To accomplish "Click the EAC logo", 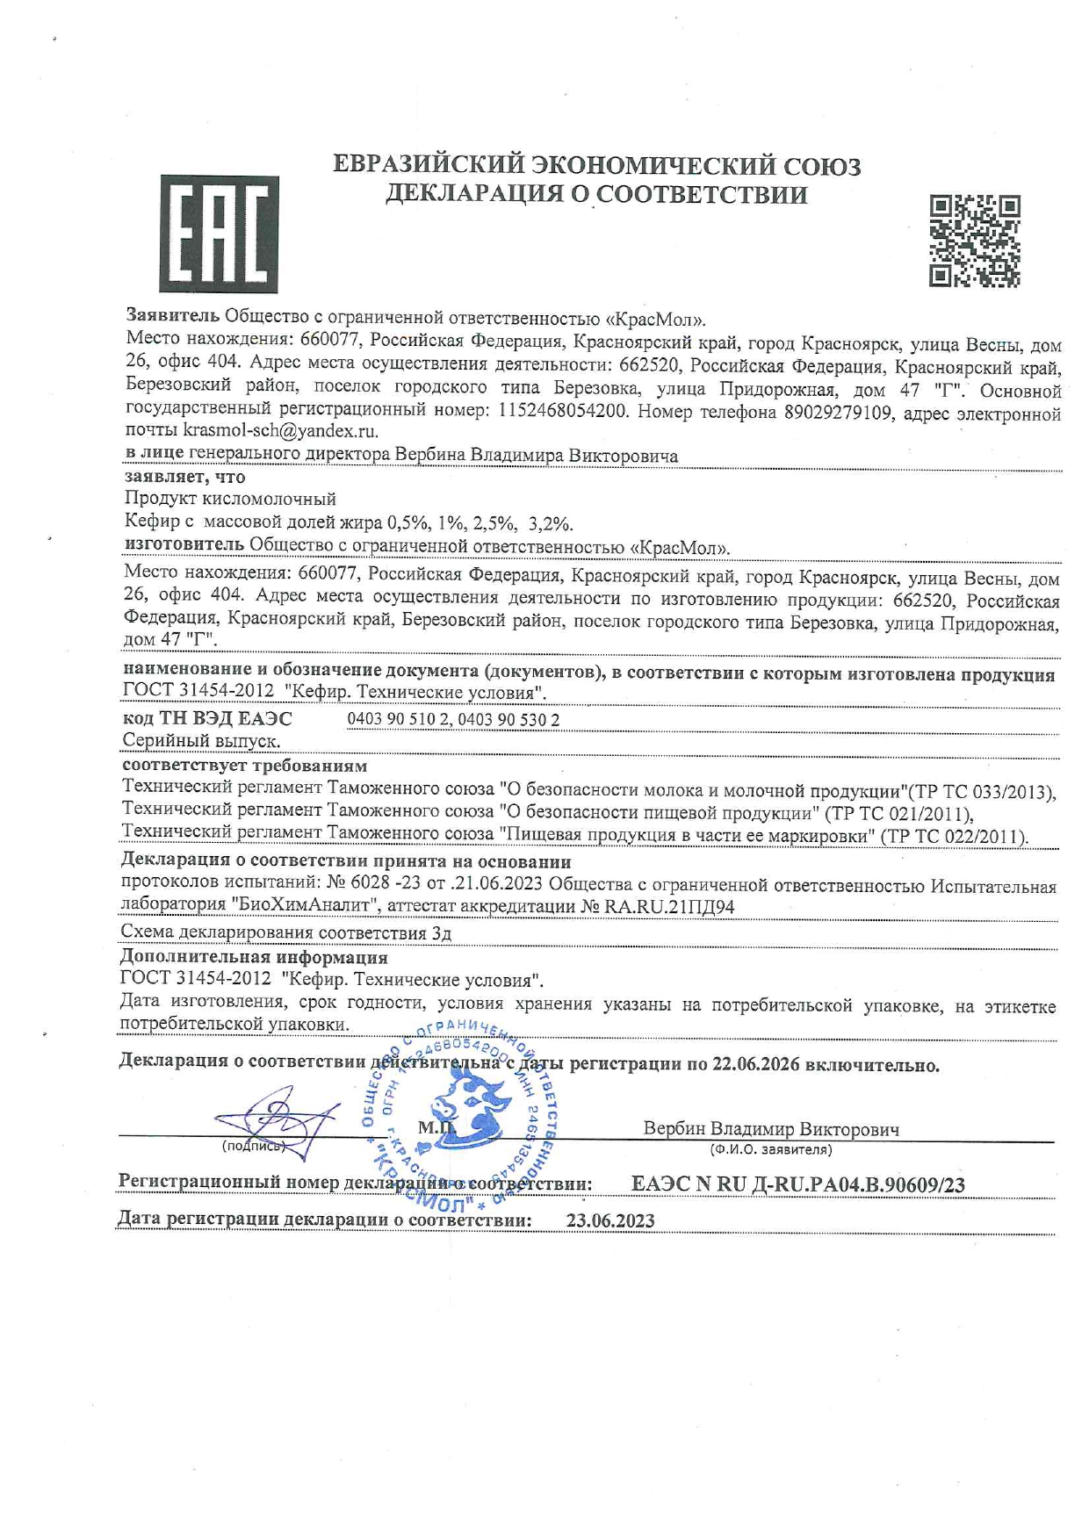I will tap(219, 234).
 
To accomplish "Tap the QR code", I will tap(975, 241).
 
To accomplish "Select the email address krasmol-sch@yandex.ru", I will tap(280, 431).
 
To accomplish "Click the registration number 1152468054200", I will tap(562, 411).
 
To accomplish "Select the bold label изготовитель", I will tap(184, 545).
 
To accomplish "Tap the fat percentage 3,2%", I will tap(550, 524).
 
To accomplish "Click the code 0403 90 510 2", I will tap(399, 720).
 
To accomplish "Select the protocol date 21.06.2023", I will tap(501, 884).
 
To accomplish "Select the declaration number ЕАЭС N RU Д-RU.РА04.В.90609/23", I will tap(797, 1184).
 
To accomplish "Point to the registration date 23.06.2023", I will tap(610, 1220).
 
